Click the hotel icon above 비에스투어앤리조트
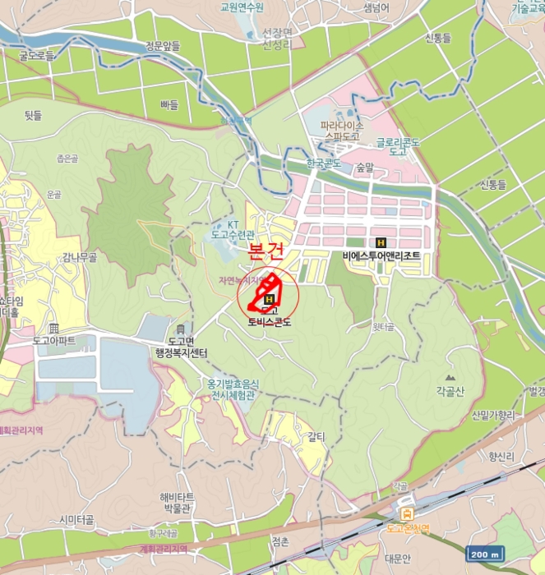coord(381,242)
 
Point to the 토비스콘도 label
coord(269,321)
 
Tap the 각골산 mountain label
coord(450,391)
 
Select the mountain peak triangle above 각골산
coord(450,377)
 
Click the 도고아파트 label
coord(54,339)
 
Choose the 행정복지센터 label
coord(181,352)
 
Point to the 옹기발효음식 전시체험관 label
coord(233,389)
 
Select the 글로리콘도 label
coord(399,146)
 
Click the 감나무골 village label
coord(79,257)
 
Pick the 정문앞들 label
coord(162,47)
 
